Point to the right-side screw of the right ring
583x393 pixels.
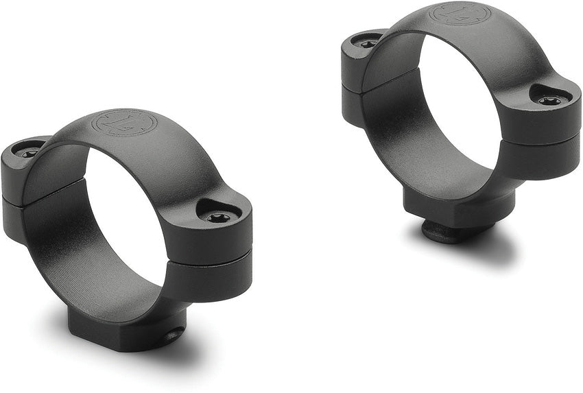[549, 101]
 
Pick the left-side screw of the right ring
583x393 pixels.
[368, 43]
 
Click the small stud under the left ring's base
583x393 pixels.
[174, 335]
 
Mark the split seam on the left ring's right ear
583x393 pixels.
[213, 259]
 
